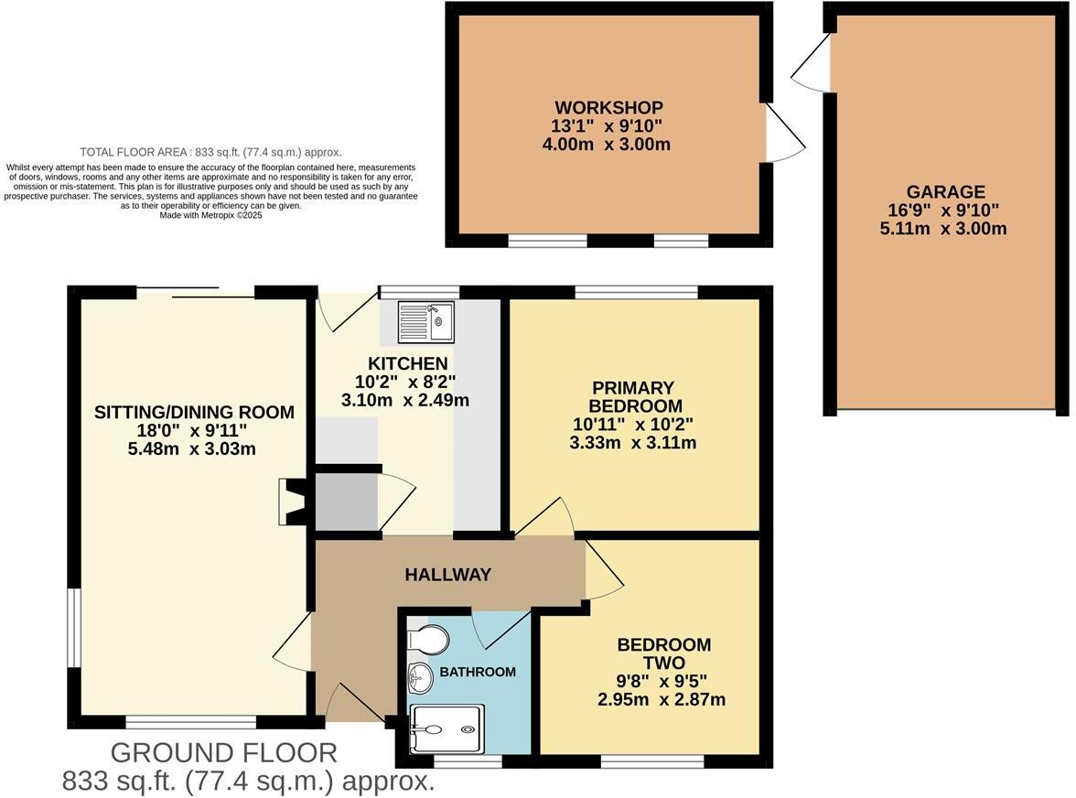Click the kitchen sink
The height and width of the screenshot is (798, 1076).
tap(425, 322)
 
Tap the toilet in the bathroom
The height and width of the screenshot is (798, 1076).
tap(427, 641)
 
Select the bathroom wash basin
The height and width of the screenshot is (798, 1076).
tap(420, 679)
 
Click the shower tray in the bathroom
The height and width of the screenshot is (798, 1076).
tap(447, 729)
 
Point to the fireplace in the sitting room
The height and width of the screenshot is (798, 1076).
tap(293, 501)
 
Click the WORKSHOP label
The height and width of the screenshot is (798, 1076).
tap(608, 108)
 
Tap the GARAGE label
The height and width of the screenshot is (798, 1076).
tap(945, 192)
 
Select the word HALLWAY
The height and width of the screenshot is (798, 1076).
tap(448, 575)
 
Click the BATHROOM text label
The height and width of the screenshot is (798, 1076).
tap(478, 672)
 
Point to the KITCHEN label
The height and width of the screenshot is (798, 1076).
tap(408, 363)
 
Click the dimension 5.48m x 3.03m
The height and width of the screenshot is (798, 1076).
tap(191, 449)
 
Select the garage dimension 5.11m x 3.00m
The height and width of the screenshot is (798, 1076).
tap(942, 229)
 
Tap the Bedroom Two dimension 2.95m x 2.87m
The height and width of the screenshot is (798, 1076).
tap(662, 700)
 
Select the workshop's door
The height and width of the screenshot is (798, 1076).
tap(784, 133)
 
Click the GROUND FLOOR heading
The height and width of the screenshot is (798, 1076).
tap(223, 753)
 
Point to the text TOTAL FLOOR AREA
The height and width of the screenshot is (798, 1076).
tap(133, 152)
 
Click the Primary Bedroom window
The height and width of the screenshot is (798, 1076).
tap(636, 292)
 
